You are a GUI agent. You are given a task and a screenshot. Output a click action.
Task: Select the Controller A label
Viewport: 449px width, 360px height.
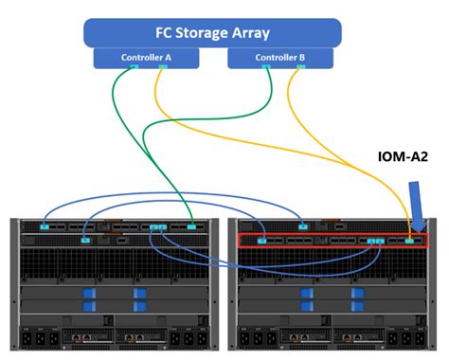(x=146, y=58)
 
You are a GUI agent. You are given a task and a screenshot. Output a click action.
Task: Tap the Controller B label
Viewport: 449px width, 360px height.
(x=279, y=58)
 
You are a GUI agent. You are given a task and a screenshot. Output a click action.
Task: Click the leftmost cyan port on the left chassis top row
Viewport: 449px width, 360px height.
(x=44, y=225)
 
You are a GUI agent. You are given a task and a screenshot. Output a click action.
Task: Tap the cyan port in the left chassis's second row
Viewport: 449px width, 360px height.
(x=84, y=241)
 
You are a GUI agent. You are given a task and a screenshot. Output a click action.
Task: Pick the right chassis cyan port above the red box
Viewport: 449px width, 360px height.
(x=301, y=225)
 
